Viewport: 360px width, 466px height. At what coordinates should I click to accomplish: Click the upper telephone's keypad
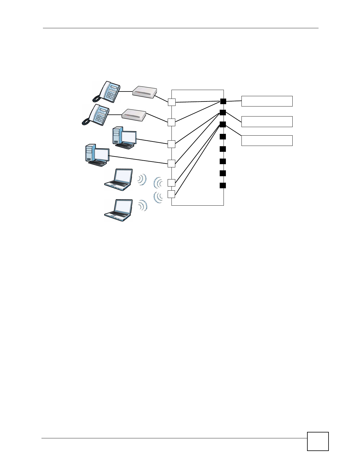click(x=111, y=94)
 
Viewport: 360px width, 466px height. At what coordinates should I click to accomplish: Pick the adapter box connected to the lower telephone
click(x=134, y=115)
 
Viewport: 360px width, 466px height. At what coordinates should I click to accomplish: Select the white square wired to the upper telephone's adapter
click(x=172, y=102)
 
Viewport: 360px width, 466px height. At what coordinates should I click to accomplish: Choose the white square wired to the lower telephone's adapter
click(x=171, y=122)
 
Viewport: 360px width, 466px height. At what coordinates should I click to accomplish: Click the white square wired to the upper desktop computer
click(x=171, y=144)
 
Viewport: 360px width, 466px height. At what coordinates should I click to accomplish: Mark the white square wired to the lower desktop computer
click(x=171, y=163)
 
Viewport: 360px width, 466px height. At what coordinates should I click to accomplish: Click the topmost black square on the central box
click(x=223, y=101)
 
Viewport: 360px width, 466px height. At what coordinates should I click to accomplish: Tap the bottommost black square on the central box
click(x=223, y=185)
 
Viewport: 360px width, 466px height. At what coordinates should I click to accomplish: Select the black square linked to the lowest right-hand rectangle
click(x=223, y=124)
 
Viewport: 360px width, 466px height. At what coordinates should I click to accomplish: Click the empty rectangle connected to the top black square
click(x=267, y=101)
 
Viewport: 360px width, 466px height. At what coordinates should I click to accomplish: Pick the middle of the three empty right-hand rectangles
click(x=267, y=122)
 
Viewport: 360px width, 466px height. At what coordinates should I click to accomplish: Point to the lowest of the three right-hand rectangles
click(x=267, y=141)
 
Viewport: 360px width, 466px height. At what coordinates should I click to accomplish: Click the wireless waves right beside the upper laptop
click(x=142, y=179)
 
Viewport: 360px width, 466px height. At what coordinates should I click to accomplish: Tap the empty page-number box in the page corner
click(x=318, y=441)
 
